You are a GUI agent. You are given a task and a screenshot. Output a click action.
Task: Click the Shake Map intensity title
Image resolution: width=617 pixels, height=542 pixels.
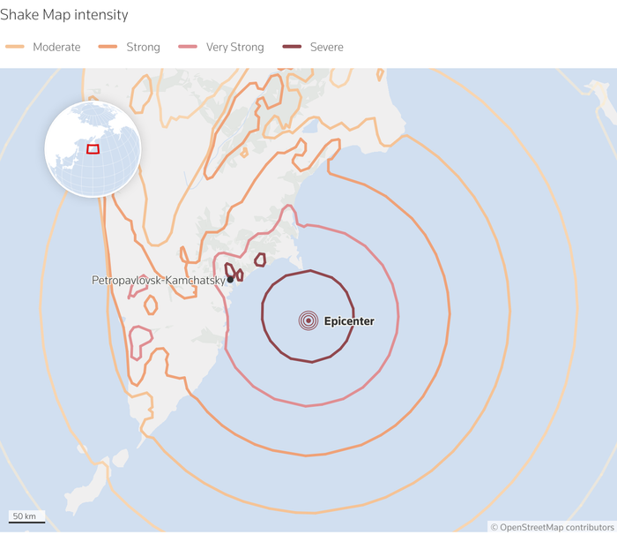click(x=64, y=15)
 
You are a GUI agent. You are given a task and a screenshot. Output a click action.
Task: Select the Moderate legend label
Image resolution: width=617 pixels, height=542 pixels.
click(x=56, y=47)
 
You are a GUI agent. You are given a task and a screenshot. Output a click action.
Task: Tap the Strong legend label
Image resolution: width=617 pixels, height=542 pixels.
click(x=143, y=47)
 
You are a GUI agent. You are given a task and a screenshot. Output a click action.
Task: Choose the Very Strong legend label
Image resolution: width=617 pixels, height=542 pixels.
click(x=234, y=47)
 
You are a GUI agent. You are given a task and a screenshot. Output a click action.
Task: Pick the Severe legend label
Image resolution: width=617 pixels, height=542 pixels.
click(x=326, y=47)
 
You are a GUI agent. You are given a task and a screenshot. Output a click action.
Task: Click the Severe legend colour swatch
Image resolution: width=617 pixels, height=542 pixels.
click(x=292, y=47)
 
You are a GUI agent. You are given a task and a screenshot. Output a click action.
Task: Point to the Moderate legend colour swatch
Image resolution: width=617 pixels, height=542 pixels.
click(x=15, y=47)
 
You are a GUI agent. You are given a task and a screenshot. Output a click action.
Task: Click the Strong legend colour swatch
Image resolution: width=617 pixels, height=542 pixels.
click(x=108, y=47)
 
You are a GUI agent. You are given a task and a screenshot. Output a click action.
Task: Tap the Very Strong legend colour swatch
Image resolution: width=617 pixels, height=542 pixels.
click(x=188, y=47)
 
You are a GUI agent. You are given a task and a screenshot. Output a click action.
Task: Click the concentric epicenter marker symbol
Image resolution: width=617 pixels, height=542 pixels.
click(x=308, y=321)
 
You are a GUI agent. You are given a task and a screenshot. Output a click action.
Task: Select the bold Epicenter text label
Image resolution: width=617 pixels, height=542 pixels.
click(x=349, y=321)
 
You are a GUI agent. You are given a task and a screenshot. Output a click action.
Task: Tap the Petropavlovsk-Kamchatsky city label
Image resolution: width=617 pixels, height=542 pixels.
click(x=159, y=280)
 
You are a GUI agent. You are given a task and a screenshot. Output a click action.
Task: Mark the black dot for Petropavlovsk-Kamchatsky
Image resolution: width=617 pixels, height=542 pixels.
click(x=230, y=280)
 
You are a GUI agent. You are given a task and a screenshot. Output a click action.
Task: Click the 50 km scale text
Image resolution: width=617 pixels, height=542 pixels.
click(x=25, y=516)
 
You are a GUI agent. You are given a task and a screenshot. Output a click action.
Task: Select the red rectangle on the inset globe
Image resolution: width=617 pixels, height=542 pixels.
click(x=93, y=148)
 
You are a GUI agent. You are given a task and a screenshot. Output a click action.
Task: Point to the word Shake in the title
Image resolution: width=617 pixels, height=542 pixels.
click(x=19, y=15)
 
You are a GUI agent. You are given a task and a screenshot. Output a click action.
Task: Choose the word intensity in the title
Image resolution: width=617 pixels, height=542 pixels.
click(x=103, y=15)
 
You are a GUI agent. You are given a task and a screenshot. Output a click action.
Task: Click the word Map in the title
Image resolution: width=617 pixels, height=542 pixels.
click(x=57, y=15)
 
